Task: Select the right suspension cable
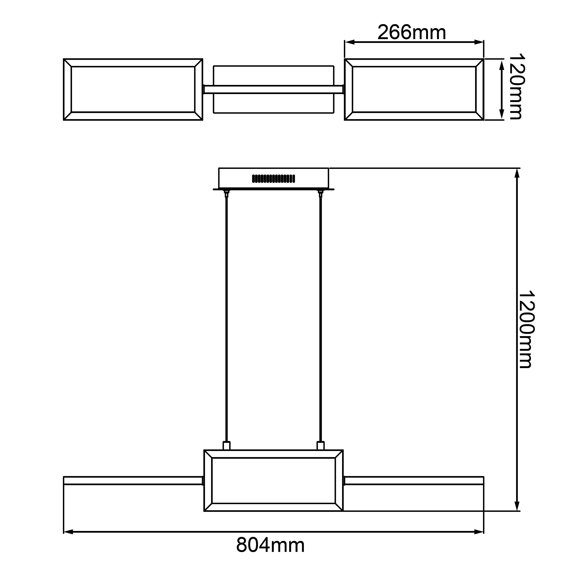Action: (321, 320)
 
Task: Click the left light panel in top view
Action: (133, 90)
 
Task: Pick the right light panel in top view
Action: (414, 90)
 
